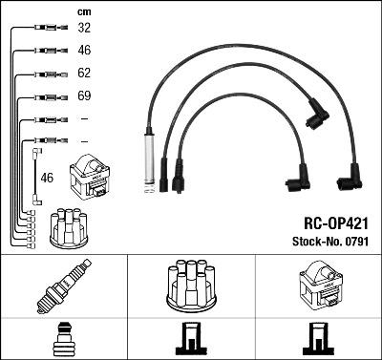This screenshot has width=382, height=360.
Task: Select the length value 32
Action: coord(84,29)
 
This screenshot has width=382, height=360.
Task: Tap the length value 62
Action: coord(84,73)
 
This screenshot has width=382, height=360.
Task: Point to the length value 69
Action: coord(84,95)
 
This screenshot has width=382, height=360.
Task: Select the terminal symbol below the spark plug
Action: coord(63,339)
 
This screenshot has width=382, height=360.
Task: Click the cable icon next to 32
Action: coord(47,29)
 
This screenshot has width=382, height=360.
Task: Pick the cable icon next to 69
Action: coord(47,96)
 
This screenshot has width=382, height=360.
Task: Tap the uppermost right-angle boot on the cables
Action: coord(316,116)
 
